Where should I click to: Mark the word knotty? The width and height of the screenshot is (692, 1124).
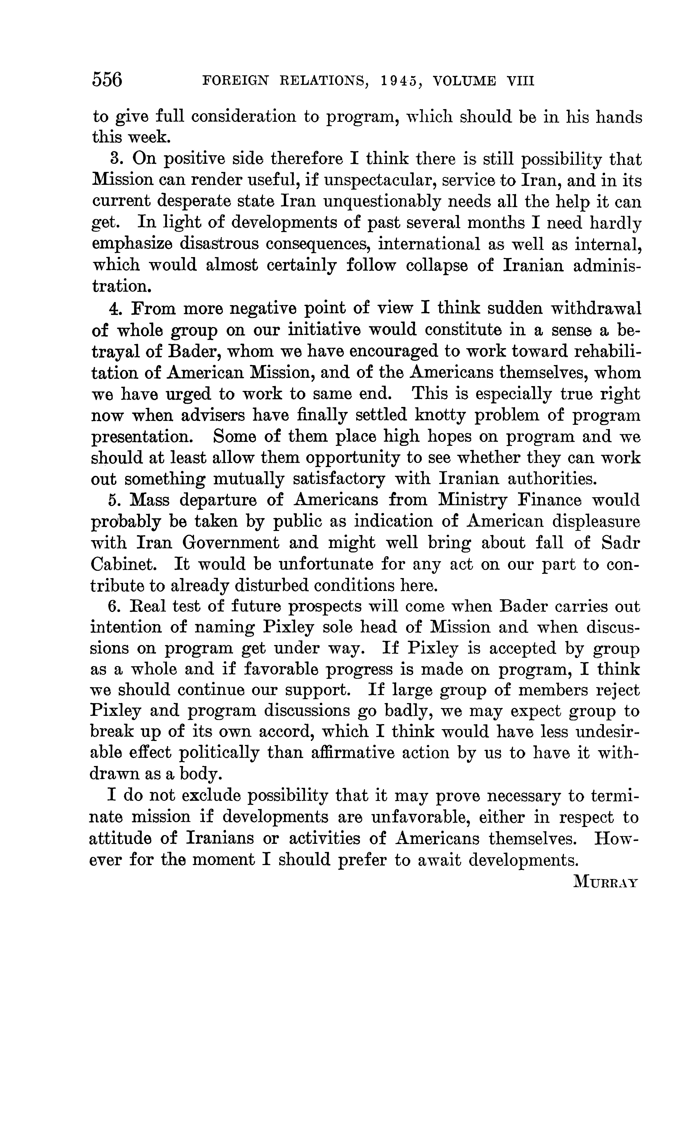click(440, 415)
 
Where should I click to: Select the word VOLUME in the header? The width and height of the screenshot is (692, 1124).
click(465, 82)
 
